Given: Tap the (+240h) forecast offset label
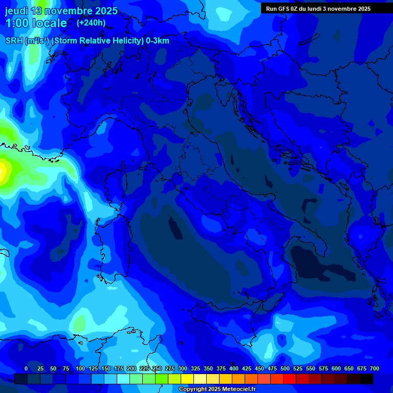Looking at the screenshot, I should click(x=91, y=23).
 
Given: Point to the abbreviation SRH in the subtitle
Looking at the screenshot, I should click(x=14, y=41).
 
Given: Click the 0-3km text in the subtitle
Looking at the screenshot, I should click(x=158, y=41).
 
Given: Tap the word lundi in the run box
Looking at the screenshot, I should click(x=317, y=9).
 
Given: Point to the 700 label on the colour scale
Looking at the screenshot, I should click(x=374, y=369).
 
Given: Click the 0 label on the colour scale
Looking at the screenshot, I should click(x=26, y=369).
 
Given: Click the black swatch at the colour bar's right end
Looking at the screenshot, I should click(x=366, y=379).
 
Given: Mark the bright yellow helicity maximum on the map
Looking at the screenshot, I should click(x=4, y=169).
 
